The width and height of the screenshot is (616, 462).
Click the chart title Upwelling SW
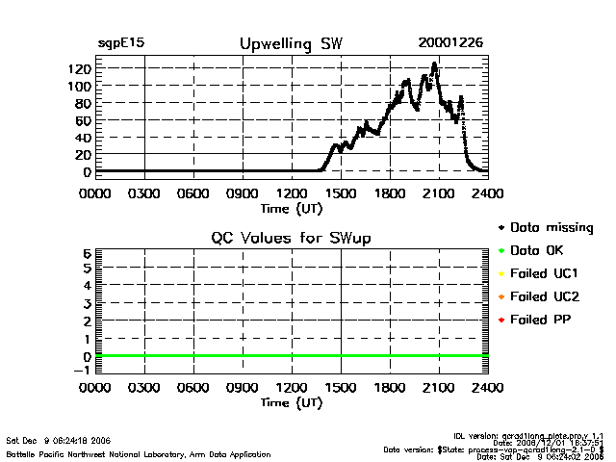290,44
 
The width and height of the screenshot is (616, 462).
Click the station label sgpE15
121,44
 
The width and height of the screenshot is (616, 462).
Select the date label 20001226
450,44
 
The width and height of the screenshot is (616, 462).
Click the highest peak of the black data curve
435,64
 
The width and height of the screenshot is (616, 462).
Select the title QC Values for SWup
291,238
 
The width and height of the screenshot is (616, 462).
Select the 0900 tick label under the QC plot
242,388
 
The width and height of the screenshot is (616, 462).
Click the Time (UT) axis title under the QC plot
291,403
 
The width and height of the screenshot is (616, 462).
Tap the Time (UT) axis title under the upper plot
291,208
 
